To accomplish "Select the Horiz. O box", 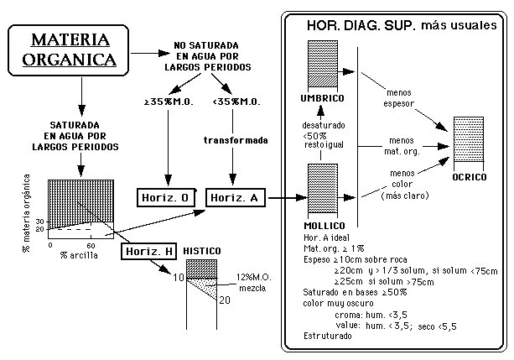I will click(x=167, y=197).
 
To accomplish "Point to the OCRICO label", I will click(x=469, y=177).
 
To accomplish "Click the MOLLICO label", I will click(x=322, y=227).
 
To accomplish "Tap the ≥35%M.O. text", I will click(x=166, y=102).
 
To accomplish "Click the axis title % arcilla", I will click(x=75, y=254).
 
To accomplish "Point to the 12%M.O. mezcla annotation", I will click(x=252, y=283).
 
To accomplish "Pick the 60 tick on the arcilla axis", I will click(x=89, y=245).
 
